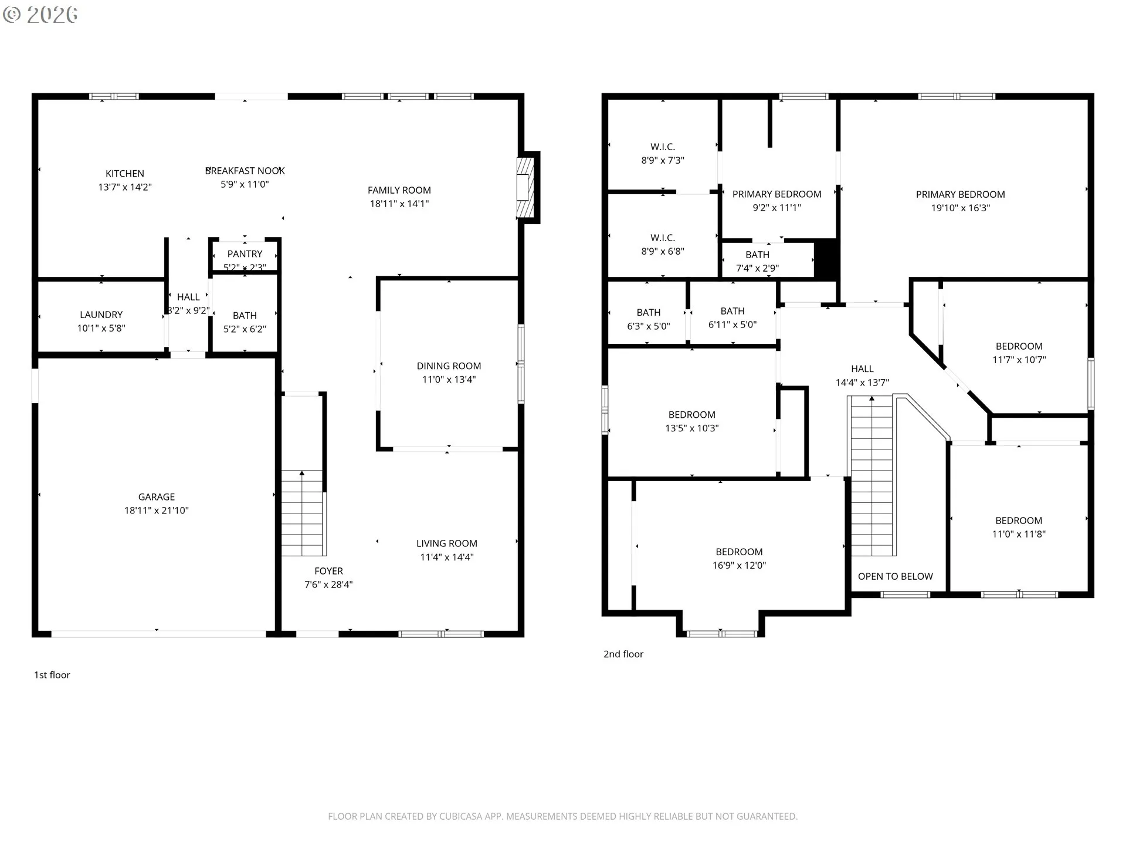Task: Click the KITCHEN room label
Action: coord(124,174)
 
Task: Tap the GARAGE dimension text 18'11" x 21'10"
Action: coord(156,511)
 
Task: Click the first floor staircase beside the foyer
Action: coord(302,513)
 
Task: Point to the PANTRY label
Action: coord(245,254)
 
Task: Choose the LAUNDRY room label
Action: coord(101,315)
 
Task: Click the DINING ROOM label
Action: coord(449,366)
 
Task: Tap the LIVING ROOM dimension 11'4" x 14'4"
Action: coord(446,557)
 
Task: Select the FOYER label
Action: coord(328,571)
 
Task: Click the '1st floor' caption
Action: coord(52,675)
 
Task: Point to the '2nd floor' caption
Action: coord(623,654)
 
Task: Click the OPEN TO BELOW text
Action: coord(895,576)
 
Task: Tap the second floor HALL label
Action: coord(862,369)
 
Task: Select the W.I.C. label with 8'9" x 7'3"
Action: coord(663,147)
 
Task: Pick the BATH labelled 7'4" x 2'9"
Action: coord(757,255)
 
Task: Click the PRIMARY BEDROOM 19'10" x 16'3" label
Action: coord(960,194)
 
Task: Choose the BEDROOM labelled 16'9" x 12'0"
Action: coord(739,552)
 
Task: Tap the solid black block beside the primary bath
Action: coord(826,259)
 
